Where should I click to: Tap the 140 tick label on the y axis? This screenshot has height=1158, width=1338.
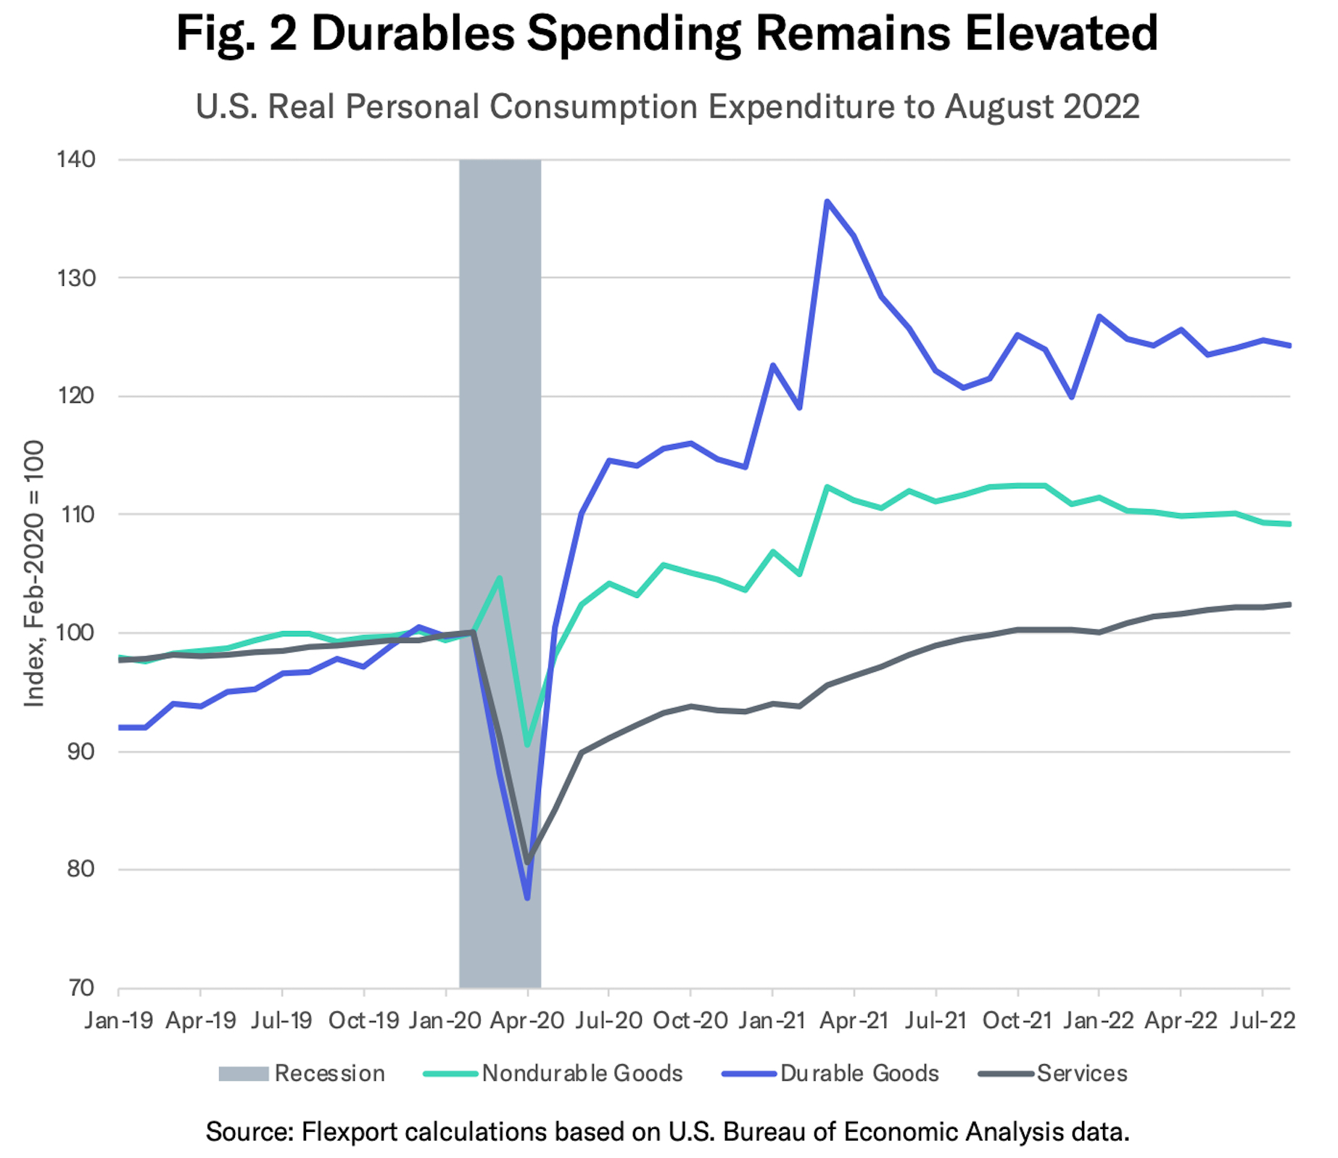(x=76, y=160)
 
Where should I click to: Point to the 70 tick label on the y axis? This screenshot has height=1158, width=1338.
(x=81, y=987)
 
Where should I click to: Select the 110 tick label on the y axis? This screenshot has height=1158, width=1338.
(x=76, y=514)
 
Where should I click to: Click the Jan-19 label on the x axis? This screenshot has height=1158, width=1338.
(x=119, y=1020)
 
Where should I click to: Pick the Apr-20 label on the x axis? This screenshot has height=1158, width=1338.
(x=527, y=1020)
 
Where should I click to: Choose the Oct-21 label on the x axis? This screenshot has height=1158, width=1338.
(x=1017, y=1020)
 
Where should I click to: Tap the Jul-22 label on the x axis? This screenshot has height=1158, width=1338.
(x=1263, y=1020)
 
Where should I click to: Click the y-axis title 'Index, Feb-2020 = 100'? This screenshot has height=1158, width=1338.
(x=34, y=573)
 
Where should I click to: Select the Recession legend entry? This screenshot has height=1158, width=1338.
(x=302, y=1073)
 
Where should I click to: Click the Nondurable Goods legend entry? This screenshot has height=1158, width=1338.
(x=553, y=1073)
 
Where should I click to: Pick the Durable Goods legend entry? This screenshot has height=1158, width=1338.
(x=831, y=1073)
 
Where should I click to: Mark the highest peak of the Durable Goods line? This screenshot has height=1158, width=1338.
(x=827, y=201)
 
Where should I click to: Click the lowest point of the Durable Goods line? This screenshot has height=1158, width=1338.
(x=527, y=898)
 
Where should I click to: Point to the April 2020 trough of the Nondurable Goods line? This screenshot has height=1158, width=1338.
(x=527, y=745)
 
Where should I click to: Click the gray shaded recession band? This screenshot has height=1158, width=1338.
(x=500, y=363)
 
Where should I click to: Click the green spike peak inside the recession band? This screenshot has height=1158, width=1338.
(x=500, y=578)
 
